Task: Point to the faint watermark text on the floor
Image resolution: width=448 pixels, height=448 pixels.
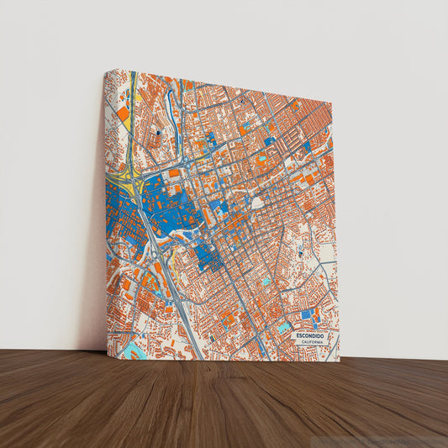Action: coord(382,440)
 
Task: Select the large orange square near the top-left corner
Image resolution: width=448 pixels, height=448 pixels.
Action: coord(124,113)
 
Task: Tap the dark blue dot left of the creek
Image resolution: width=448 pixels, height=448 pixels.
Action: coord(158,133)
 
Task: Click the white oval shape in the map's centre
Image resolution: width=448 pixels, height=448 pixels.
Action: coord(257,203)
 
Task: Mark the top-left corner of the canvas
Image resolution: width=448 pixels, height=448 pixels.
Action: coord(106,71)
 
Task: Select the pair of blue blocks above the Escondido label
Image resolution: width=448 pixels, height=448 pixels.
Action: coord(308,314)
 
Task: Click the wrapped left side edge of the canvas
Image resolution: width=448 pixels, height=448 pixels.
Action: coord(108,210)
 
